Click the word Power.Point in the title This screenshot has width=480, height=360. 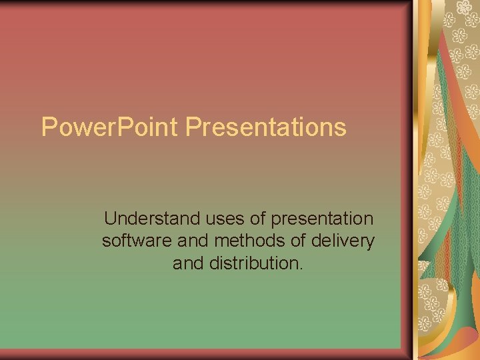tap(111, 127)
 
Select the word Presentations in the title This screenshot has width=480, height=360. tap(266, 127)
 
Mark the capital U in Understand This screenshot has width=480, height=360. tap(111, 219)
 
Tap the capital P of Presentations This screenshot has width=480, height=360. tap(194, 127)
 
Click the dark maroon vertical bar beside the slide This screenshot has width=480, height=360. tap(407, 180)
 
